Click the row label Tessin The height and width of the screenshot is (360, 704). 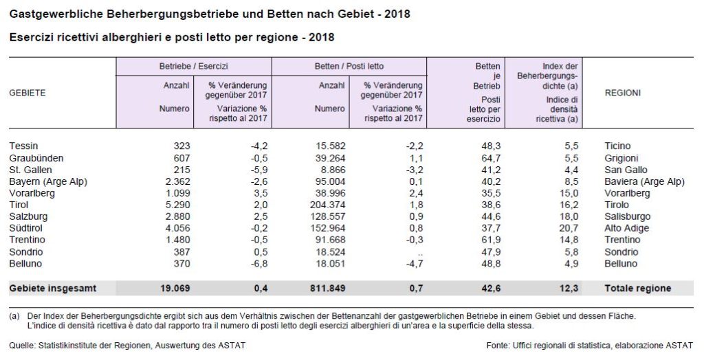(x=24, y=146)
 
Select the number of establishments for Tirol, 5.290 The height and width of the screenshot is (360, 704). (x=176, y=205)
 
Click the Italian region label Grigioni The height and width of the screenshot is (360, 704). (x=622, y=158)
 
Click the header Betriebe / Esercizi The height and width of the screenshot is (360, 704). (x=193, y=67)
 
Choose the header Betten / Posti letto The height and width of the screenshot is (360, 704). (x=349, y=67)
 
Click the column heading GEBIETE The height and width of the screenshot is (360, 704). (x=27, y=93)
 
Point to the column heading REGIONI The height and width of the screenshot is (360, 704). (x=623, y=93)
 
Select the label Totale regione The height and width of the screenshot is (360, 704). (x=637, y=288)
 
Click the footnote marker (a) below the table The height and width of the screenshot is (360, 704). (x=14, y=316)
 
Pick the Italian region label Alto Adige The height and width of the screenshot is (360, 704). (x=626, y=228)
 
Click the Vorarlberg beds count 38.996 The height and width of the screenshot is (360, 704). (x=329, y=193)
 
